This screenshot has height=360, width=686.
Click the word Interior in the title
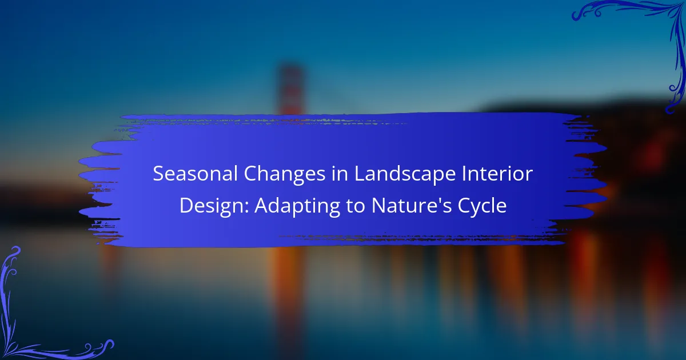[497, 174]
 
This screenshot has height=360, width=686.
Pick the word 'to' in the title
[356, 206]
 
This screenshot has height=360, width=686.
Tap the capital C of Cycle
[465, 206]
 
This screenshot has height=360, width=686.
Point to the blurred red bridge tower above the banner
[290, 88]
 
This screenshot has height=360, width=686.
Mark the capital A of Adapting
[263, 206]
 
